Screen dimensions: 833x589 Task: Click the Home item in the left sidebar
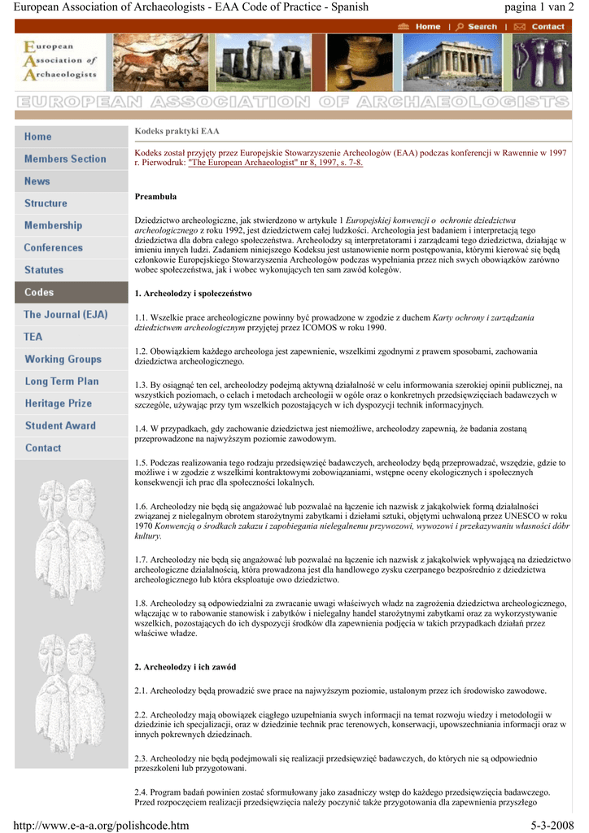38,137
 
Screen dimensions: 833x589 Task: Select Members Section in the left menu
65,159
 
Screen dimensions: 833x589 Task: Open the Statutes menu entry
44,270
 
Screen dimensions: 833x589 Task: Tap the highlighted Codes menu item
39,292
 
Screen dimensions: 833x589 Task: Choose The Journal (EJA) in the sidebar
65,314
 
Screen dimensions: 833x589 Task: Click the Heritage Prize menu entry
58,403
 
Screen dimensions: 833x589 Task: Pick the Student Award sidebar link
60,425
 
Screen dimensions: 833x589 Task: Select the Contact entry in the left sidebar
43,447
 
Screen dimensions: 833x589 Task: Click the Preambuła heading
155,197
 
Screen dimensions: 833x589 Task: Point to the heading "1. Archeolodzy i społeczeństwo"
193,293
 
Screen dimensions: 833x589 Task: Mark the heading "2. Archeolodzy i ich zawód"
185,667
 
